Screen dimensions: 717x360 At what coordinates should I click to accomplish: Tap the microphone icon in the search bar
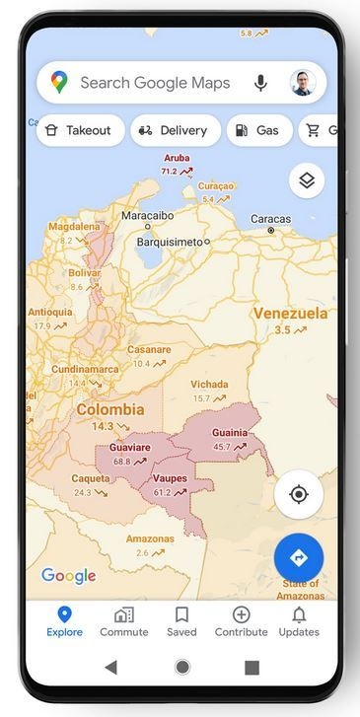[260, 83]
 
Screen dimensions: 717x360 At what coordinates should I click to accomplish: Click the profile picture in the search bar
[302, 83]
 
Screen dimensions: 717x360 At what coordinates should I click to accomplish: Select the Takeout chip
[81, 130]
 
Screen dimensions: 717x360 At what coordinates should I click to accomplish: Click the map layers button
[307, 180]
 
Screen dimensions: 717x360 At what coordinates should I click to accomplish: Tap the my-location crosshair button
[299, 494]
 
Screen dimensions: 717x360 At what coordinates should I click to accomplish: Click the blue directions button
[299, 558]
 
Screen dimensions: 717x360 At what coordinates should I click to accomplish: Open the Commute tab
[124, 621]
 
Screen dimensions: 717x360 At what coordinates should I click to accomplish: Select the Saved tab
[181, 621]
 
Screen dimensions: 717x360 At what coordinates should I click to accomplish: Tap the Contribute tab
[241, 621]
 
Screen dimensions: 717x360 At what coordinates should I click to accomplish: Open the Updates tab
[299, 621]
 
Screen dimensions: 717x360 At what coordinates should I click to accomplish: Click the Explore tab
[64, 621]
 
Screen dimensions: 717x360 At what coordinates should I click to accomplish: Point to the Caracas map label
[270, 219]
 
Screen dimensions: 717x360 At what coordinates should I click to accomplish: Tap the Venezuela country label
[290, 314]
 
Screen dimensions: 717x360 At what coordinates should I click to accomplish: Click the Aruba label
[177, 158]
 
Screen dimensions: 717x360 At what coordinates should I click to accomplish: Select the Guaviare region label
[129, 448]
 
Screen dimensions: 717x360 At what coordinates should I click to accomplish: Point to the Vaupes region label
[170, 479]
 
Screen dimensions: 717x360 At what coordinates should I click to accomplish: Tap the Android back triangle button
[110, 668]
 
